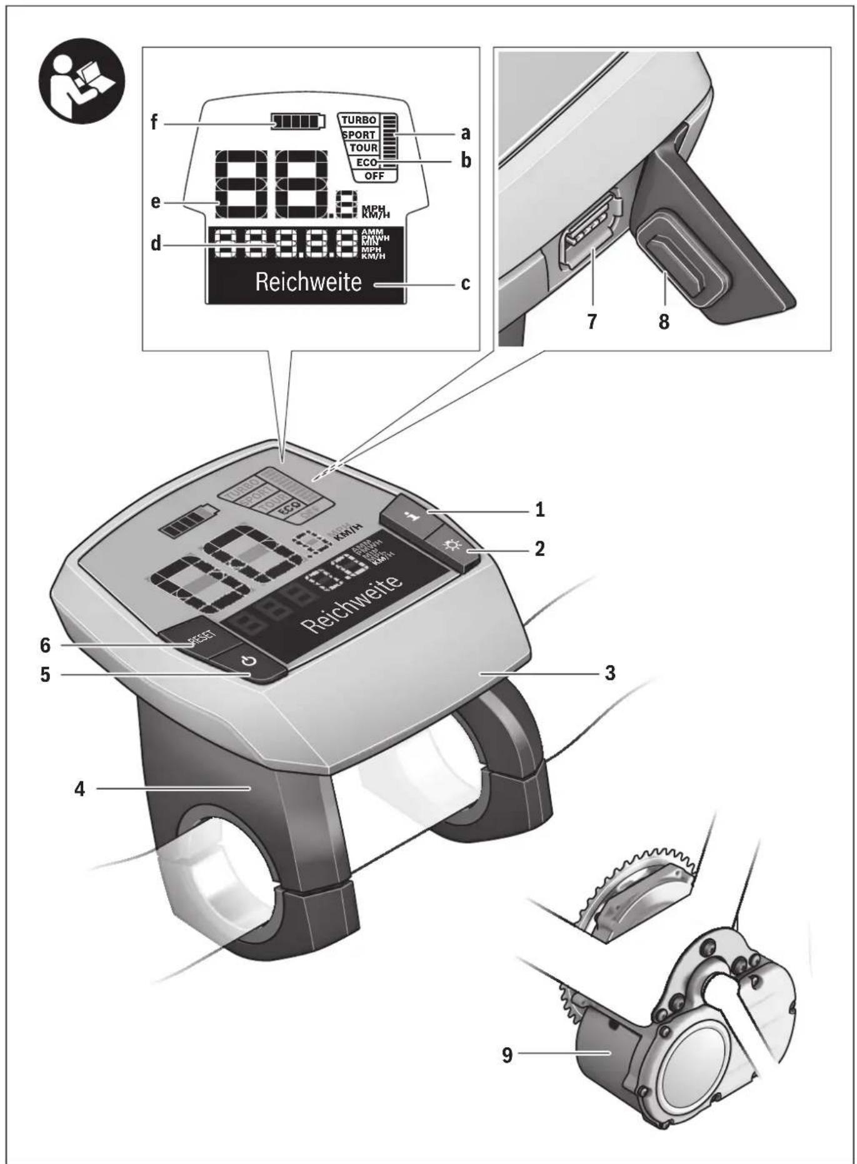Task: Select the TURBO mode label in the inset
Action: tap(359, 120)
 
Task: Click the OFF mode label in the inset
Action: tap(374, 176)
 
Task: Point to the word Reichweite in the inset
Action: tap(308, 283)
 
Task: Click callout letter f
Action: tap(154, 123)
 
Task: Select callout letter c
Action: tap(465, 284)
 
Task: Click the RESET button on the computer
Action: tap(199, 638)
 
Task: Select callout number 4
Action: tap(79, 789)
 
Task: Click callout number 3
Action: tap(609, 673)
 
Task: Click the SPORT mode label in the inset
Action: tap(359, 134)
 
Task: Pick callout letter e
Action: tap(155, 202)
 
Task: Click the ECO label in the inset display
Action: tap(366, 163)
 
